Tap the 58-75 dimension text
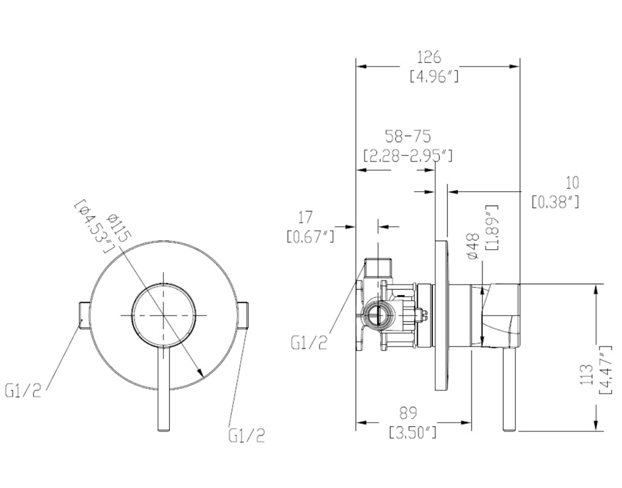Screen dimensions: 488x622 click(407, 136)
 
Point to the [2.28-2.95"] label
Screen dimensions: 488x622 click(407, 156)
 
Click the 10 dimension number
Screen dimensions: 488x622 click(572, 183)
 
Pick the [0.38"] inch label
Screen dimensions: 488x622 click(555, 202)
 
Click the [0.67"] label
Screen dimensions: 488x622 click(311, 236)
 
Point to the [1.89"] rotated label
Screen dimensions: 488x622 click(492, 228)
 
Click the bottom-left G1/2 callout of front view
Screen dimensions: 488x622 click(23, 390)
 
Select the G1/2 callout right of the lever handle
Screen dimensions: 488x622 click(247, 435)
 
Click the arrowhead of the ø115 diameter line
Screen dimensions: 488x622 click(201, 373)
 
